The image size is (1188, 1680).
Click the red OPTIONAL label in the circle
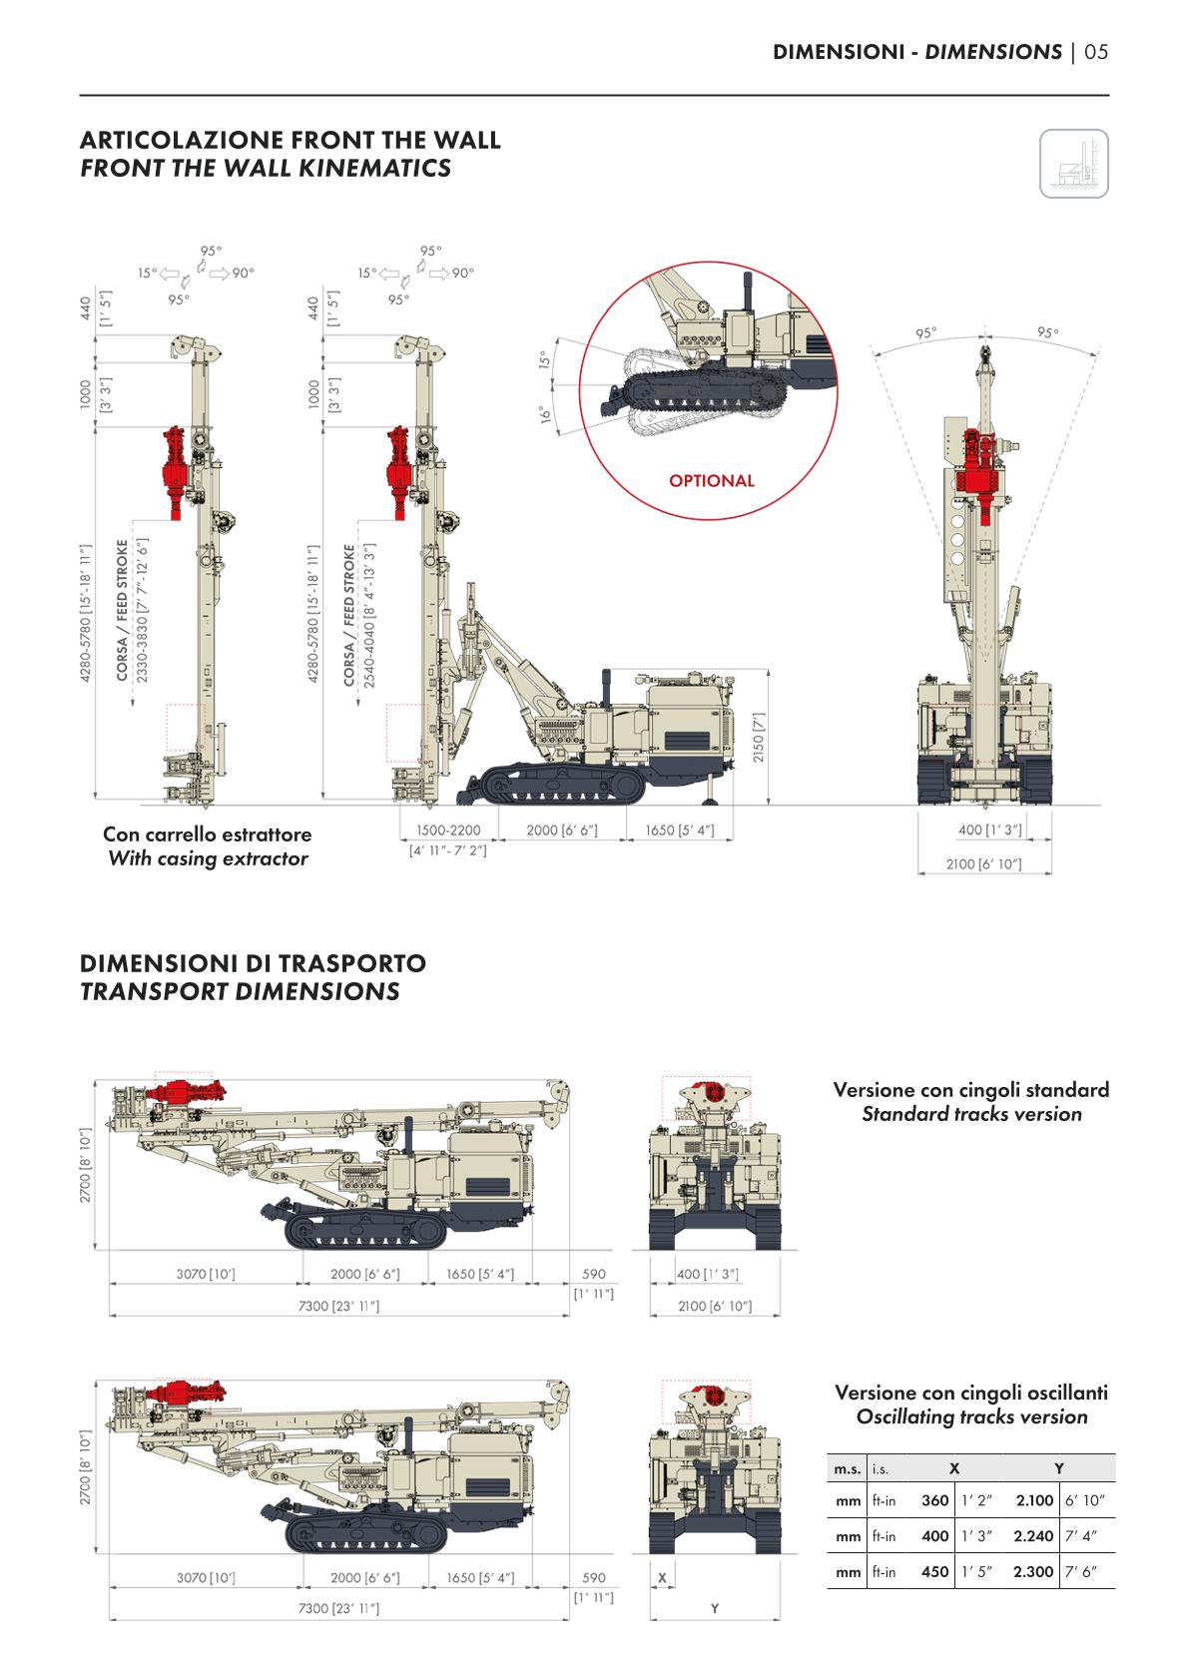(x=712, y=481)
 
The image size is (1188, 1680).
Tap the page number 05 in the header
(x=1096, y=52)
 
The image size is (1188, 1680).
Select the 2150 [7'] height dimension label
(x=759, y=737)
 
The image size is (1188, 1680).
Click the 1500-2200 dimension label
(x=448, y=831)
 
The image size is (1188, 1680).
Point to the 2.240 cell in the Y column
(x=1032, y=1536)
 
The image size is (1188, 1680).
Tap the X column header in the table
(x=954, y=1468)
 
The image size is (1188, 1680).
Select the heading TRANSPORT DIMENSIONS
(x=240, y=992)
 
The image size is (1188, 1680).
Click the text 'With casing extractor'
(x=208, y=858)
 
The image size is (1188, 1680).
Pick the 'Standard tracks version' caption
(x=971, y=1114)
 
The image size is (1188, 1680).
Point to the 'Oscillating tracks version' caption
(x=971, y=1416)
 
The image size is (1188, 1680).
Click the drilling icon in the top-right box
(x=1074, y=164)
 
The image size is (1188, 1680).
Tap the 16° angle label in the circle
(x=545, y=412)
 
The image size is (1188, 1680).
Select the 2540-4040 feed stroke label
(x=369, y=624)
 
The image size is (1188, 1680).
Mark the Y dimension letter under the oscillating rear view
(x=715, y=1608)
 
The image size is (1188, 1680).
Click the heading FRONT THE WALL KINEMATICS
(x=266, y=168)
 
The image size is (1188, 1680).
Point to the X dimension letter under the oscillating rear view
(x=662, y=1578)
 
